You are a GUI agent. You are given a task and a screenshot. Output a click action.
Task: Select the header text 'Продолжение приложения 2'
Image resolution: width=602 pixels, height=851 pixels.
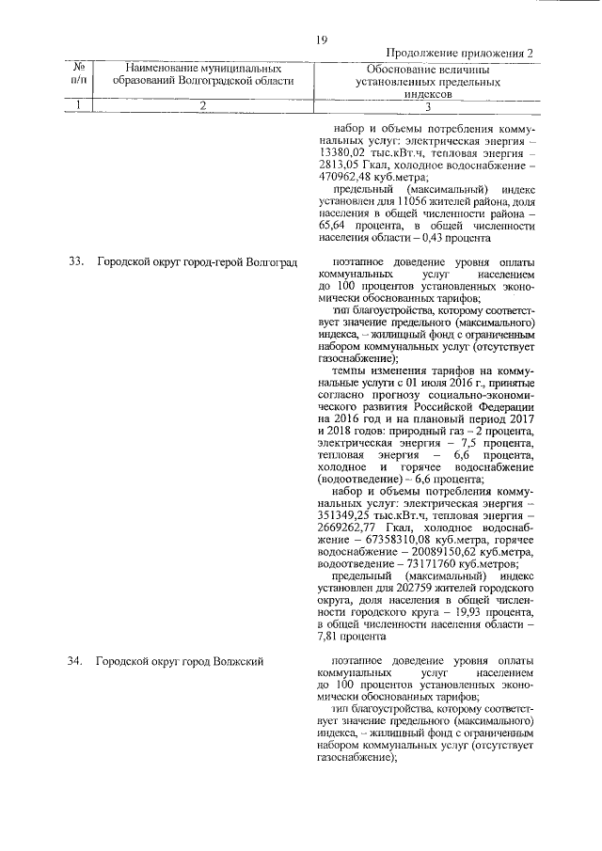(x=460, y=54)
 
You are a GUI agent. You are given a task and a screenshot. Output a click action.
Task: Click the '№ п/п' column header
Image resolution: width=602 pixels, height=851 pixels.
(x=78, y=74)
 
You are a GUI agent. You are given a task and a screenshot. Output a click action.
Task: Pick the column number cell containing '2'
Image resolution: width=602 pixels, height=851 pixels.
(x=201, y=104)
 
